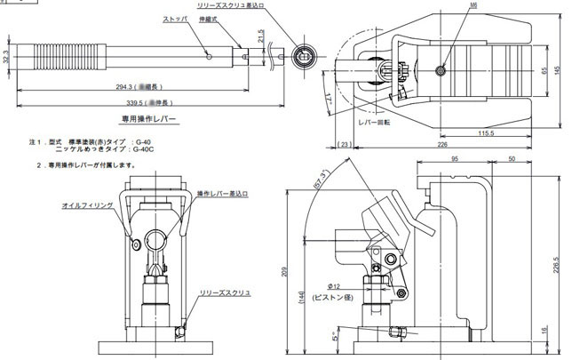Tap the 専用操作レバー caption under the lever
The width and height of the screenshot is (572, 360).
pos(149,118)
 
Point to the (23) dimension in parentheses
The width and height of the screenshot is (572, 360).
pos(345,144)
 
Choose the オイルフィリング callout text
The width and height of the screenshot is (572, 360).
pos(87,204)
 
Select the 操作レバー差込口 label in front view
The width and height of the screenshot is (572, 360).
pos(222,193)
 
